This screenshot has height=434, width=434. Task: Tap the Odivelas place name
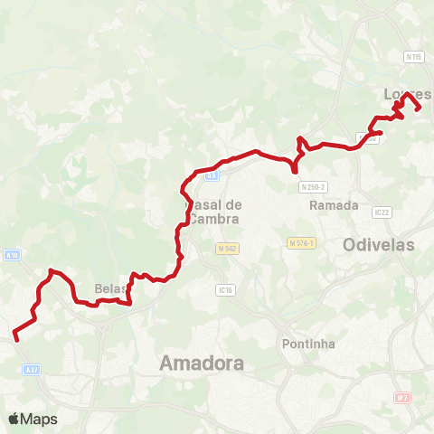[378, 245]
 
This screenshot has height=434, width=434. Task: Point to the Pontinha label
[309, 344]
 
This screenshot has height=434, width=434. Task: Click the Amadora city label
[202, 363]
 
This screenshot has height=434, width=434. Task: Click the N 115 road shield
[414, 57]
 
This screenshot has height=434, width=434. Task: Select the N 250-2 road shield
[312, 186]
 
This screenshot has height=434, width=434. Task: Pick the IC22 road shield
[381, 212]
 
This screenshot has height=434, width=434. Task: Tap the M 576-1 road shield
[301, 243]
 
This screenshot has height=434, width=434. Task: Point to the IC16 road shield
[225, 290]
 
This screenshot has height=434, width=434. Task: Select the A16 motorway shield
[12, 256]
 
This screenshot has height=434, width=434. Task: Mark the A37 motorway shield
[33, 370]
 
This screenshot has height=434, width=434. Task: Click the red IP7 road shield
[402, 397]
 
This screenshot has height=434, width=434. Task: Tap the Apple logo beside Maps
[14, 419]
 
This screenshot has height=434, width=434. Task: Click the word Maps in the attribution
[39, 419]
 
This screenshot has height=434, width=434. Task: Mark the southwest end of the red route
[14, 339]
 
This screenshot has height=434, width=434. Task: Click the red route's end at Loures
[419, 109]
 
